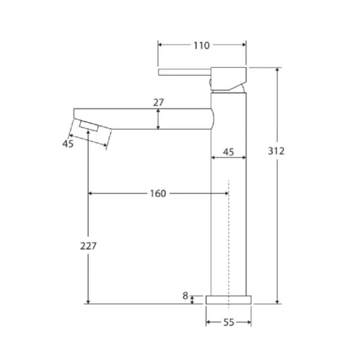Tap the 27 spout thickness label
coord(158,103)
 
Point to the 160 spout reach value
coord(158,193)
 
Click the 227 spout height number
coord(88,246)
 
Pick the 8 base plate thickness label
coord(185,295)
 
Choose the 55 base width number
coord(228,322)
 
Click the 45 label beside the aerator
coord(67,143)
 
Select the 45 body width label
coord(229,152)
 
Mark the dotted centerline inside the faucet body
coord(229,240)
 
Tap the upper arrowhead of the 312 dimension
coord(277,70)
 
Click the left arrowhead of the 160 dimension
coord(92,193)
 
